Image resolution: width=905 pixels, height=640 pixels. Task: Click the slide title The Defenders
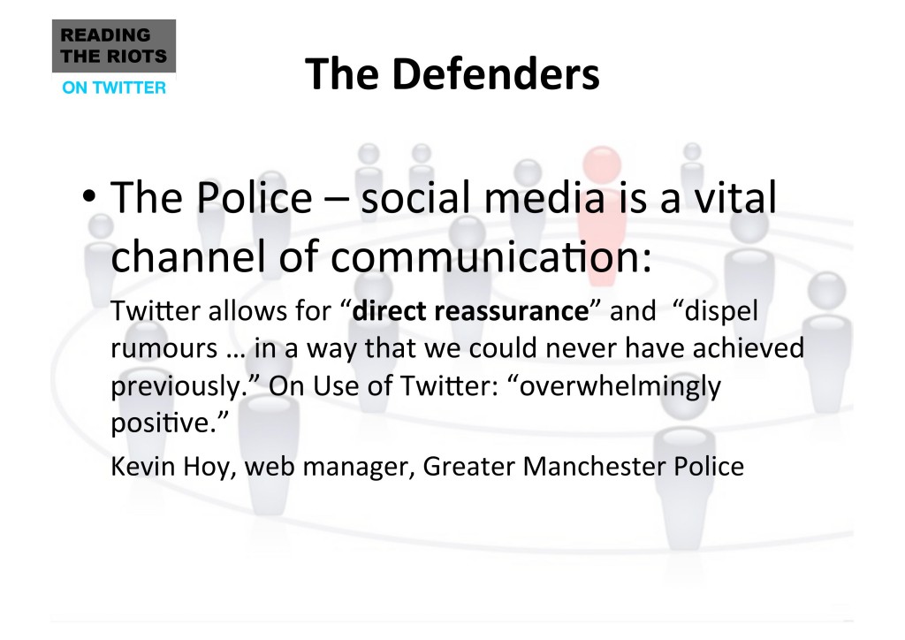point(452,74)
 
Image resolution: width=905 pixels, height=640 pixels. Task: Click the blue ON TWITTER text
point(114,88)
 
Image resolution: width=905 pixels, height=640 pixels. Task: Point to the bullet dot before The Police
point(89,196)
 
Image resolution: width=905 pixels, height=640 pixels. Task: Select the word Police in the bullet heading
point(254,197)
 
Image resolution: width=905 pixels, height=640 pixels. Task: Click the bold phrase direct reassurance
point(470,310)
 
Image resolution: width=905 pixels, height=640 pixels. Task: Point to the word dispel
point(721,312)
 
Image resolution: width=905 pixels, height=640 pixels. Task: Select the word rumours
point(164,348)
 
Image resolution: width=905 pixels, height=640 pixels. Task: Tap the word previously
point(176,386)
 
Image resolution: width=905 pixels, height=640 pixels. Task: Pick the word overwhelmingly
point(620,386)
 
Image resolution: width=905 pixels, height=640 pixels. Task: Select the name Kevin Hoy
point(170,467)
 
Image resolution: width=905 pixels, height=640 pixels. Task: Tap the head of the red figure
point(602,165)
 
